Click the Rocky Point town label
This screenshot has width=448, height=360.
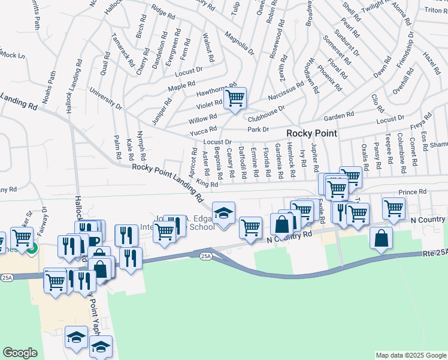[x=311, y=133]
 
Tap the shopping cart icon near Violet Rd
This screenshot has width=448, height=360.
[x=235, y=97]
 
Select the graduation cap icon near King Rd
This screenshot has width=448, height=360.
[x=224, y=213]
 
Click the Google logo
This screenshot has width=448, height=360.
[x=20, y=353]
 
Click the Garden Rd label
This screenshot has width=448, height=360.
[x=340, y=116]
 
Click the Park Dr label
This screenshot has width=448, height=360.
[x=258, y=129]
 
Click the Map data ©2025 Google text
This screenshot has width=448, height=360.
[x=410, y=355]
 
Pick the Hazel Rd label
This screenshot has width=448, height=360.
[x=431, y=62]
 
